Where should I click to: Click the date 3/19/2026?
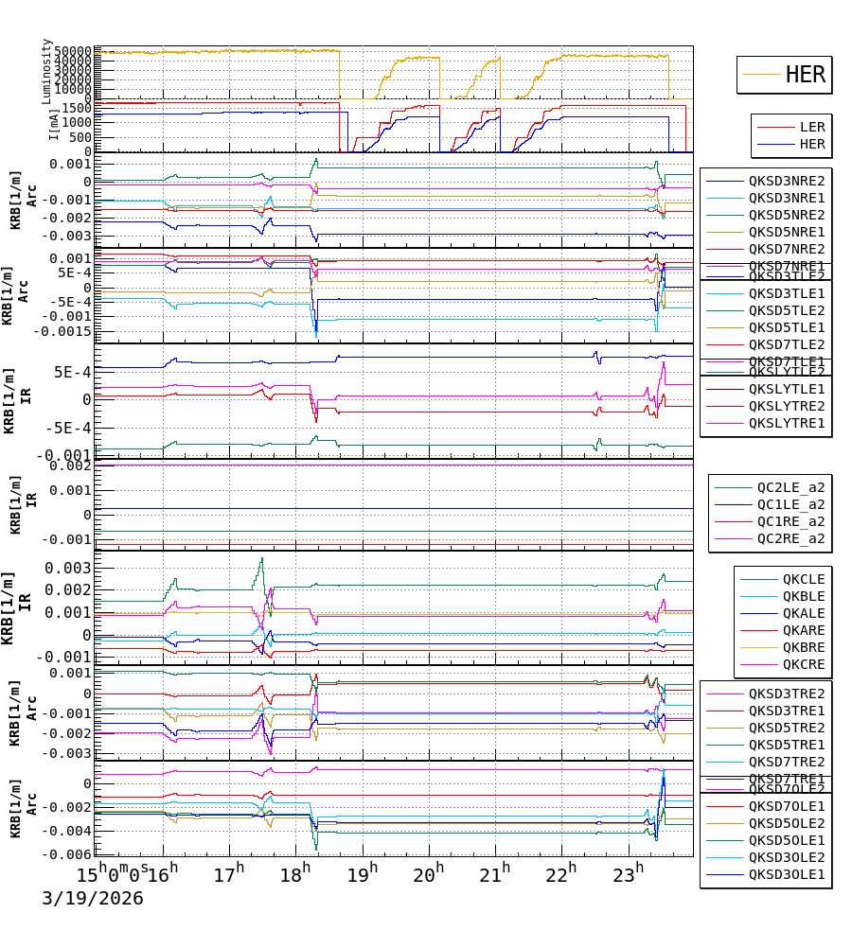tap(93, 898)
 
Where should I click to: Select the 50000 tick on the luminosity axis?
tap(72, 51)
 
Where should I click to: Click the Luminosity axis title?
tap(46, 71)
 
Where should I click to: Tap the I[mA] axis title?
tap(54, 124)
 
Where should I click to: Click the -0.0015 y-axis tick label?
tap(62, 331)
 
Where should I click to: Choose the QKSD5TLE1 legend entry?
tap(786, 327)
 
